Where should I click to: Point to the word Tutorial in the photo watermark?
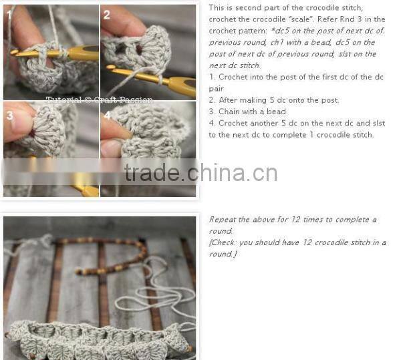pyautogui.click(x=59, y=100)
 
